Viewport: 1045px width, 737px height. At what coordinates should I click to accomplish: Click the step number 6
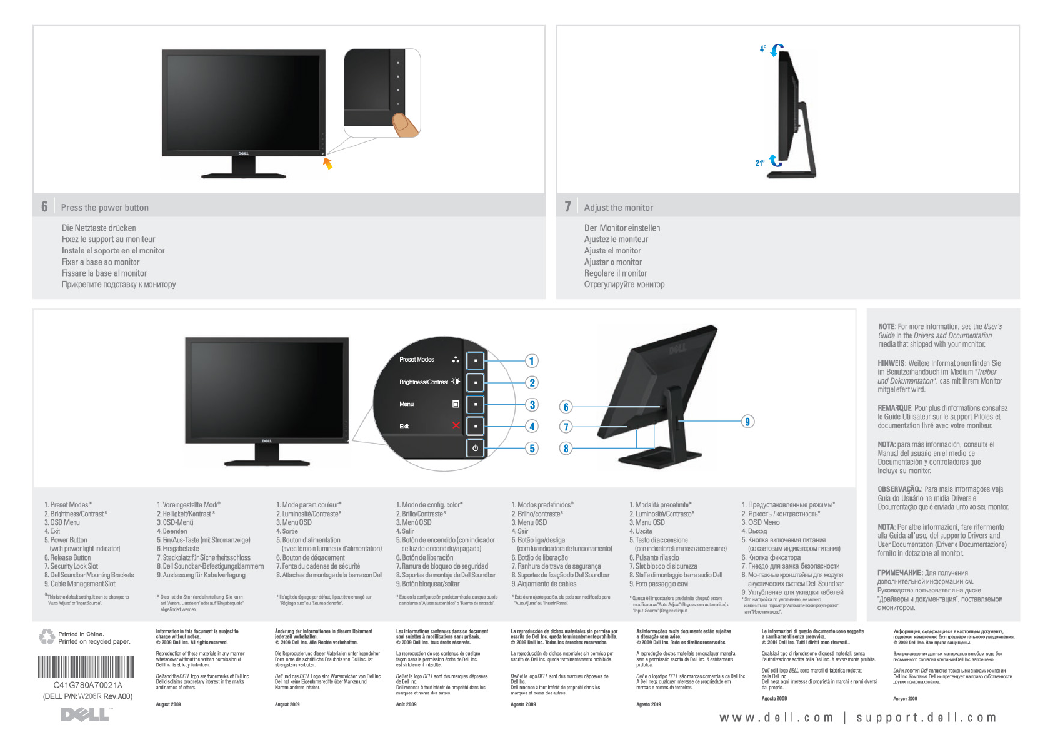44,206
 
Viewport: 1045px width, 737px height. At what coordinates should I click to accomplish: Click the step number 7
567,206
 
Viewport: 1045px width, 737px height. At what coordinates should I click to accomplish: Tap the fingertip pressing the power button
405,124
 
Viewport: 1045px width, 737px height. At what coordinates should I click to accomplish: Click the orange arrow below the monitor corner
327,163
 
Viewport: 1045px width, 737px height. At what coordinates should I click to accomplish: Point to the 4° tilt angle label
762,48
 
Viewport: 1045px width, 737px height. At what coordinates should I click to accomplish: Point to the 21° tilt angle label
759,163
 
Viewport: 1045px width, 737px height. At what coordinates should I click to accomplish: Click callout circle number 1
531,361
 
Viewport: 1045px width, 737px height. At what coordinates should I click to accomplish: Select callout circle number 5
532,448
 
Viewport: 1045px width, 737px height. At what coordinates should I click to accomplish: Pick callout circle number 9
747,421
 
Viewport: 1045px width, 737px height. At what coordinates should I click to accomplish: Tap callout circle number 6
566,407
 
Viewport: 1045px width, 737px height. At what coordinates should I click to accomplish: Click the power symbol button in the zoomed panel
475,448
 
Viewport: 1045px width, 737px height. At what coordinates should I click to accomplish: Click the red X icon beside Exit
456,425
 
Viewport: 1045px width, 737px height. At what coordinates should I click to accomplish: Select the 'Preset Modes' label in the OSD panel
416,360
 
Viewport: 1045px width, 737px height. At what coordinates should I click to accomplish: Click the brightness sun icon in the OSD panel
456,382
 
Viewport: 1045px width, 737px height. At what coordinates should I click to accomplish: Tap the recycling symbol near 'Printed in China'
47,637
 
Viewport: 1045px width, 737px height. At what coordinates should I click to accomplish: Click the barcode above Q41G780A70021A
86,667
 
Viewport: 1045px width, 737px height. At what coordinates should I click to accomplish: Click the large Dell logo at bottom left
86,714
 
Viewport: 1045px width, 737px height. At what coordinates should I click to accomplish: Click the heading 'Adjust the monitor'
618,208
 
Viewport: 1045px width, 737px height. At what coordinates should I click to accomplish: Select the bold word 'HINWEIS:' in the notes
891,363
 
